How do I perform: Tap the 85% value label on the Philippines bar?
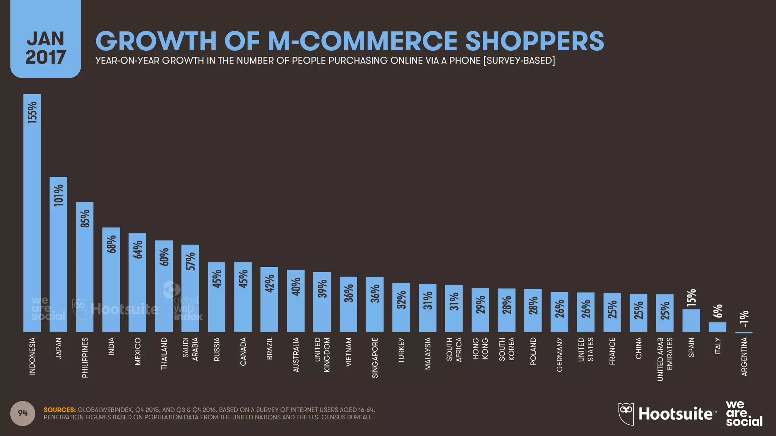point(85,218)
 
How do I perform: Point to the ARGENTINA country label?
point(744,357)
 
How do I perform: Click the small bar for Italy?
point(717,327)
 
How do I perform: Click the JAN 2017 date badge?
point(45,48)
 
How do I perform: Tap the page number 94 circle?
point(23,413)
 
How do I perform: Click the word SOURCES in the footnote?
point(59,410)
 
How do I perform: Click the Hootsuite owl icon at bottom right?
point(626,414)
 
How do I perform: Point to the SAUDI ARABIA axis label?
point(191,349)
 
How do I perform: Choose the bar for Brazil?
point(269,299)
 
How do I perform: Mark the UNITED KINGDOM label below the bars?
point(322,355)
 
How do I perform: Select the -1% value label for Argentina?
point(744,319)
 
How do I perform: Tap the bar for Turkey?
point(401,307)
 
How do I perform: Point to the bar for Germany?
point(559,312)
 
